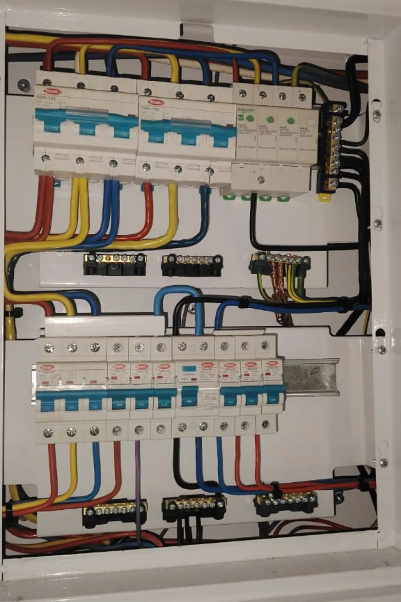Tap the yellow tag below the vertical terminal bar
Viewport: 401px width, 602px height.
(324, 197)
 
